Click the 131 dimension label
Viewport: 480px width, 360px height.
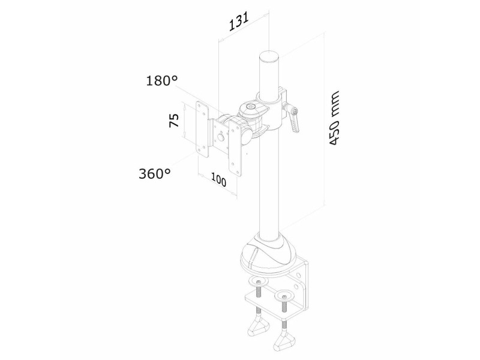238,22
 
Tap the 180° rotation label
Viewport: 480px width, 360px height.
161,81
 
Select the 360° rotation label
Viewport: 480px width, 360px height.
155,174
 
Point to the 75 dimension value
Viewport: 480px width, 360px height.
174,121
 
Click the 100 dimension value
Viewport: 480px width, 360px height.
218,181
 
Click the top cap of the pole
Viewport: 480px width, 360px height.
270,57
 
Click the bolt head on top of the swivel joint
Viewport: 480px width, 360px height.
251,107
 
